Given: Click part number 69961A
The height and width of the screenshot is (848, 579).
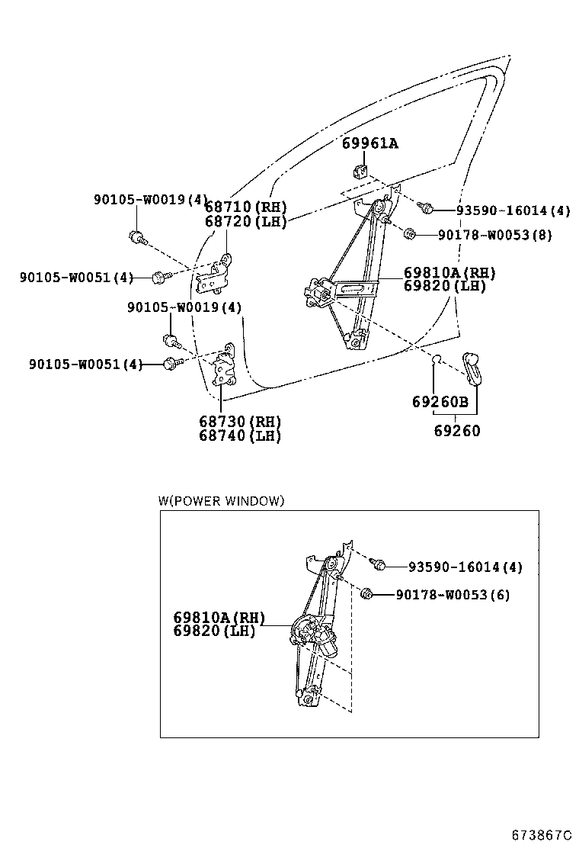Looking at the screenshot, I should pos(369,143).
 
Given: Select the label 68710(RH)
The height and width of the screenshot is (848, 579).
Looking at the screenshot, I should pos(245,207).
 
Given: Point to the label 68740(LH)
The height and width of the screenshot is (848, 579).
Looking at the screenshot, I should pos(240,436).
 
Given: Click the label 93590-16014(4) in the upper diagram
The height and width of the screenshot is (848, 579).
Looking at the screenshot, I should pos(513,210).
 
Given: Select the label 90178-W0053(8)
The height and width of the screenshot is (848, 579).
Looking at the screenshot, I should pos(494,235).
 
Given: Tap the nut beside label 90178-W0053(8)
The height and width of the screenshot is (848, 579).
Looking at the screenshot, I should pos(409,233).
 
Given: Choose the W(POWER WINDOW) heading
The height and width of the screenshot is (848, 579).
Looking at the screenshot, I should pos(221,501).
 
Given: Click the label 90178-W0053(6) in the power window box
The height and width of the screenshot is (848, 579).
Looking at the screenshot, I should pos(453,595).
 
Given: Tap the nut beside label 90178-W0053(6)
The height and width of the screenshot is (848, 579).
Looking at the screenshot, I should pos(367,593).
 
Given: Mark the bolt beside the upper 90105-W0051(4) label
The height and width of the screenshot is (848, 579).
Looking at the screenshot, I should pos(158,278).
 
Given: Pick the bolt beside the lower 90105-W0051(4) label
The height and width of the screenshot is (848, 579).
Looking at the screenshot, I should pos(171,365).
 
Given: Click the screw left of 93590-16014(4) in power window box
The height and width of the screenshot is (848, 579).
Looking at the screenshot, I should pos(376,564).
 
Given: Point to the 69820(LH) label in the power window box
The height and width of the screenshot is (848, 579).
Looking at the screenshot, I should pos(213,631).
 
